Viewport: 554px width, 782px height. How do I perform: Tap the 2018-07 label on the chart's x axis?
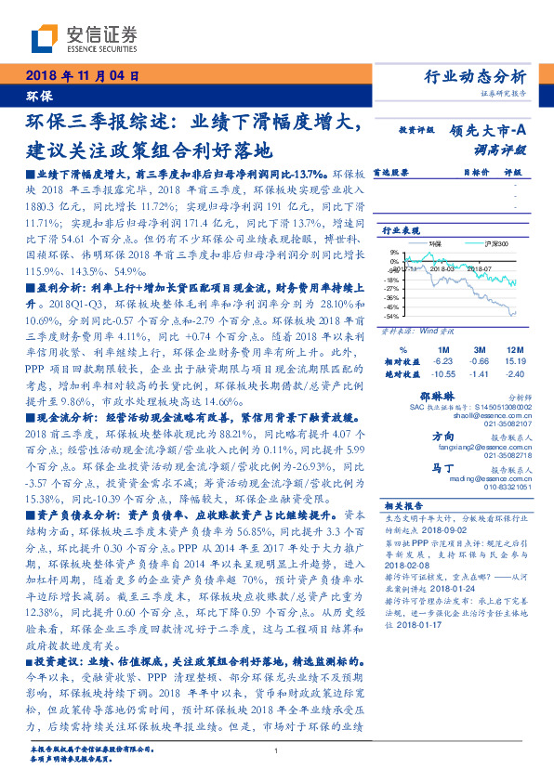479,267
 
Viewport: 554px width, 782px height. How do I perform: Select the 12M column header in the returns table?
510,348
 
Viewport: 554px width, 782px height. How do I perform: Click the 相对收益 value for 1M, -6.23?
442,360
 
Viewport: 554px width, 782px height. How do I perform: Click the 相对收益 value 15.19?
512,360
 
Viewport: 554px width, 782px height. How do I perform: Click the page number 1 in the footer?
277,751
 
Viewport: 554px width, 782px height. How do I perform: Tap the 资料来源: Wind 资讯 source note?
410,330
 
